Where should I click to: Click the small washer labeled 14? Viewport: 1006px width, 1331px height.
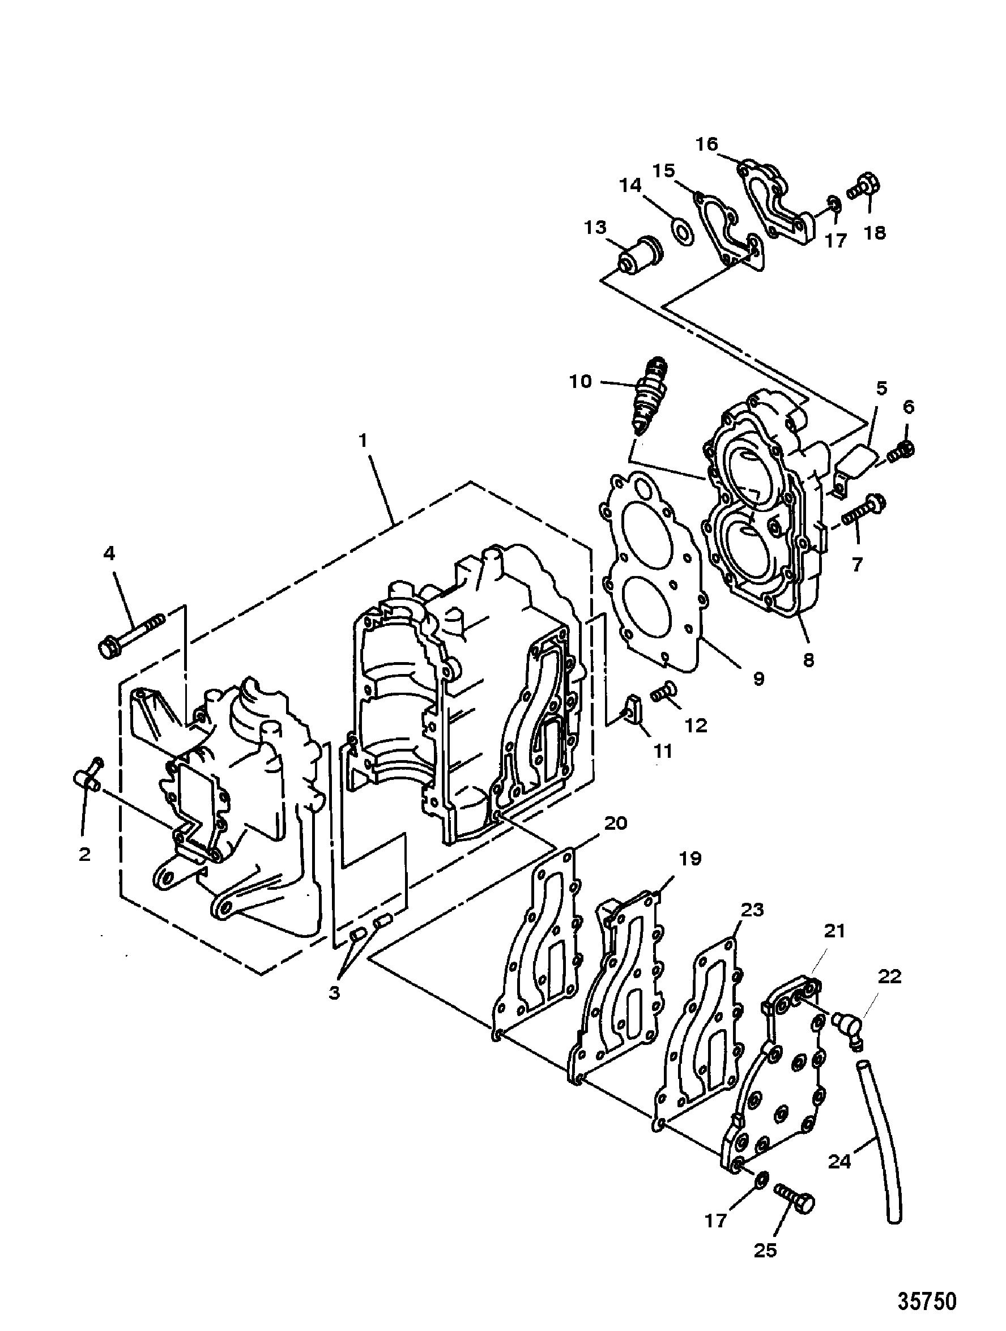[x=681, y=232]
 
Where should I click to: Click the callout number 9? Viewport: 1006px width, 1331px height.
[x=758, y=678]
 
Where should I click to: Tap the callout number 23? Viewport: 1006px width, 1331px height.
[x=752, y=909]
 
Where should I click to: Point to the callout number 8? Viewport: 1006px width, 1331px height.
[x=808, y=659]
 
